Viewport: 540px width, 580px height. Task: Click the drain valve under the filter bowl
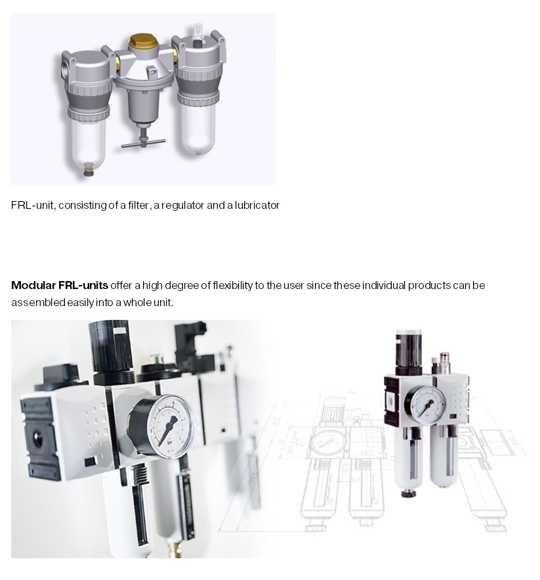[x=88, y=169]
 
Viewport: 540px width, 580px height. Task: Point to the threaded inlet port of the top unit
[x=65, y=68]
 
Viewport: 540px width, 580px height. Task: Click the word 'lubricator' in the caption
[x=257, y=205]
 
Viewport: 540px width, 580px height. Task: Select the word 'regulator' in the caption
[x=182, y=206]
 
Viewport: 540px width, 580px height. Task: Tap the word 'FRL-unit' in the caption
[x=33, y=205]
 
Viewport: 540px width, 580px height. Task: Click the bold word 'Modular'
[x=33, y=285]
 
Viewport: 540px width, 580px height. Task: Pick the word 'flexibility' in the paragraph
[x=232, y=285]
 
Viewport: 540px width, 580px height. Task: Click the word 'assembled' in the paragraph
[x=38, y=302]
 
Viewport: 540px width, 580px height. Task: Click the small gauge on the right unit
[x=428, y=405]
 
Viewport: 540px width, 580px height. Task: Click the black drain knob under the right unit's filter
[x=408, y=493]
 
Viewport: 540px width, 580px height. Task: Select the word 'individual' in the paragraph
[x=384, y=285]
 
